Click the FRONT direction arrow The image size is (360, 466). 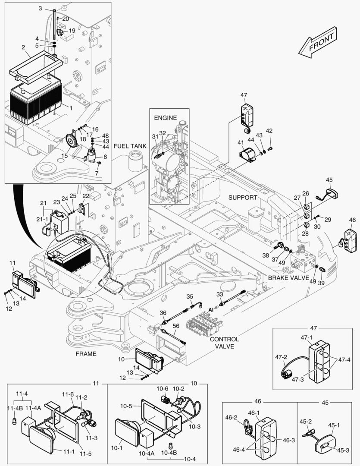point(317,42)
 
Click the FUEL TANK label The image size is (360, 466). point(130,146)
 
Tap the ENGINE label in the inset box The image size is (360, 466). point(166,117)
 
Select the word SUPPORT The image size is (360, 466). point(243,197)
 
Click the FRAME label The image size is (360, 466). point(86,353)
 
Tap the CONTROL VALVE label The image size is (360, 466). point(224,343)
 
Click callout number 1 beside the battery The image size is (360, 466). point(71,108)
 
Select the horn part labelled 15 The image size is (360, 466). point(69,141)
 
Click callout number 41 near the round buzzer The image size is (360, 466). point(240,142)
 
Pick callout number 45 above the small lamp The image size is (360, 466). point(329,179)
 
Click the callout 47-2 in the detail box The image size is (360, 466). point(281,357)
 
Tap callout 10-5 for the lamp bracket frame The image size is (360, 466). point(126,406)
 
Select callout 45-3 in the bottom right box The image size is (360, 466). point(344,450)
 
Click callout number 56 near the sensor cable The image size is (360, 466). point(175,326)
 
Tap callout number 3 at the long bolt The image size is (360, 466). point(41,8)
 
